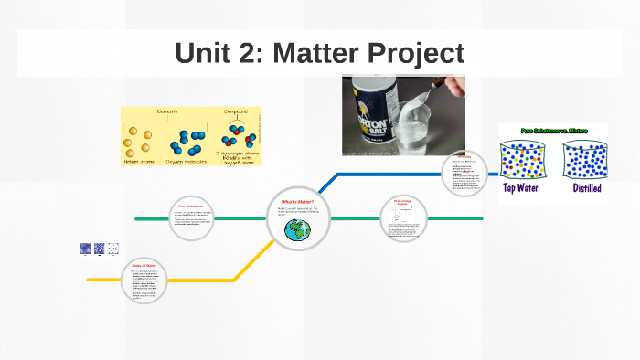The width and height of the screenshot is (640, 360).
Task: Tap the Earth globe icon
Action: point(297,230)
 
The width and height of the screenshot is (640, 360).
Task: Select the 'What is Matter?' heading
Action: point(297,201)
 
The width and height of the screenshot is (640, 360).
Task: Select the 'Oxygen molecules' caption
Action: point(191,161)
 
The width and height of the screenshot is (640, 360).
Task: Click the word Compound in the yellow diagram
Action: point(238,112)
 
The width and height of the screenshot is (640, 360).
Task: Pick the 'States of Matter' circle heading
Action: point(144,266)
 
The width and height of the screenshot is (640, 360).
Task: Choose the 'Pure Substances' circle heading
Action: point(191,206)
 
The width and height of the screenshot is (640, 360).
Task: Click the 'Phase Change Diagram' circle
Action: point(403,218)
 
